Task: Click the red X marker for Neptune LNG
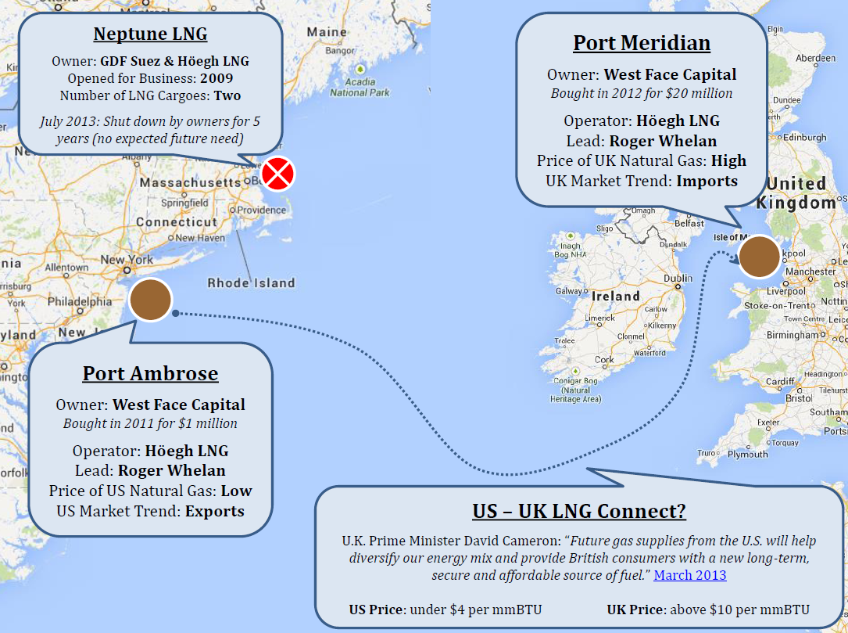[277, 174]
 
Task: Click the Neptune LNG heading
[150, 34]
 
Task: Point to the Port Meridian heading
[642, 42]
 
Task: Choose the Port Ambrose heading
[150, 373]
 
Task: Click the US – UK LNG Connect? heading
[579, 511]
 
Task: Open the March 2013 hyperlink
[690, 575]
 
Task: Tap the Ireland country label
[616, 297]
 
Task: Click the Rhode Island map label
[251, 283]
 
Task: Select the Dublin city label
[678, 279]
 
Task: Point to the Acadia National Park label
[360, 87]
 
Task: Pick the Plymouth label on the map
[747, 454]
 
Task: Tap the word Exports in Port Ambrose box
[214, 512]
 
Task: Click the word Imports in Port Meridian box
[707, 181]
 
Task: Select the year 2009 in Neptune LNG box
[216, 78]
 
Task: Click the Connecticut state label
[176, 222]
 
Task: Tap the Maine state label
[327, 33]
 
